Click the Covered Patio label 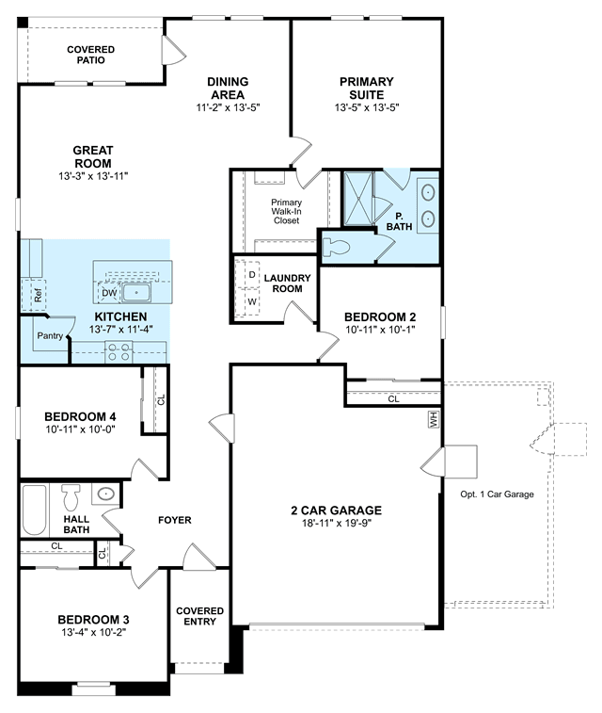point(91,55)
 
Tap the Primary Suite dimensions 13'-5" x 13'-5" point(367,107)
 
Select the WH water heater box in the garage point(434,419)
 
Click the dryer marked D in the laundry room point(251,275)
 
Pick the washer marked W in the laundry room point(252,301)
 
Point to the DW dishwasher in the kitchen point(109,293)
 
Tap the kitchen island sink point(136,292)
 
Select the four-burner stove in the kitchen point(119,352)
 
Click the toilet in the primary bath point(336,248)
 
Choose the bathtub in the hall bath point(35,510)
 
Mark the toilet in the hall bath point(71,497)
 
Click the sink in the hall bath point(105,494)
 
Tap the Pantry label point(50,335)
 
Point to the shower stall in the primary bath point(358,198)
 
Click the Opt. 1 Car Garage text point(498,494)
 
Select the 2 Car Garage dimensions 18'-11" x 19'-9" point(337,523)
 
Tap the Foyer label point(175,520)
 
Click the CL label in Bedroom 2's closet point(393,398)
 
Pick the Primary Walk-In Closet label point(287,211)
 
